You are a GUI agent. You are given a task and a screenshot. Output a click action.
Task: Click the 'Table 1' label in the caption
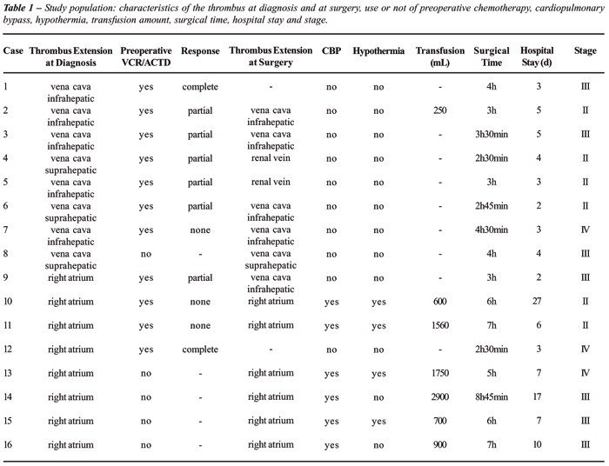coord(23,6)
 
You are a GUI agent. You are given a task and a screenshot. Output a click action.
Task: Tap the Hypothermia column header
coord(378,51)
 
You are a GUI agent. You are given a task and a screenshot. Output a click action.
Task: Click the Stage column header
coord(585,51)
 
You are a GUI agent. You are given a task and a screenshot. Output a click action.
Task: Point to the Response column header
coord(200,51)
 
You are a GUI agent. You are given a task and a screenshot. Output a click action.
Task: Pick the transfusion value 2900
coord(440,396)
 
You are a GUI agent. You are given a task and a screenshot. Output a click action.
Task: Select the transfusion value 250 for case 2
coord(440,110)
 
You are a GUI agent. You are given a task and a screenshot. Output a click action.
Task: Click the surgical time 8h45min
coord(491,396)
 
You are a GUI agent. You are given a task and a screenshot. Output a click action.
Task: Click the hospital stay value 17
coord(537,396)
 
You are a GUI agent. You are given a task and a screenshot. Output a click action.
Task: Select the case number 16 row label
coord(10,443)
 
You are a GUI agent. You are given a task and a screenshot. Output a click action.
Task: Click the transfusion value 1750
coord(440,372)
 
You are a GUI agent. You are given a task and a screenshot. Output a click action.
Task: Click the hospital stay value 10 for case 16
coord(537,443)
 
